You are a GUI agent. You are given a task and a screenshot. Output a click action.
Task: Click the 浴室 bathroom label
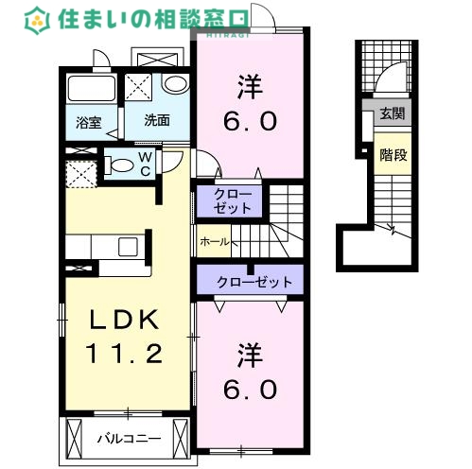(89, 122)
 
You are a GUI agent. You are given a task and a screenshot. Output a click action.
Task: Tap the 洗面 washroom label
(156, 121)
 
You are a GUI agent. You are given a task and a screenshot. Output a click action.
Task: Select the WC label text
(145, 164)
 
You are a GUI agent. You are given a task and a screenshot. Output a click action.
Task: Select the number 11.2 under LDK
(126, 354)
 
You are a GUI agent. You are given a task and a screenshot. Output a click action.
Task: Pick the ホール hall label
(215, 242)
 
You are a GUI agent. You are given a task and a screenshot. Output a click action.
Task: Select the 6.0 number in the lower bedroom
(251, 388)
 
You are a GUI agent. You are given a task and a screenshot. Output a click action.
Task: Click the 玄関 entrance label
(391, 114)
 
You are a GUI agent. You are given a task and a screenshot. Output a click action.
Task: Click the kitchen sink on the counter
(127, 248)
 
